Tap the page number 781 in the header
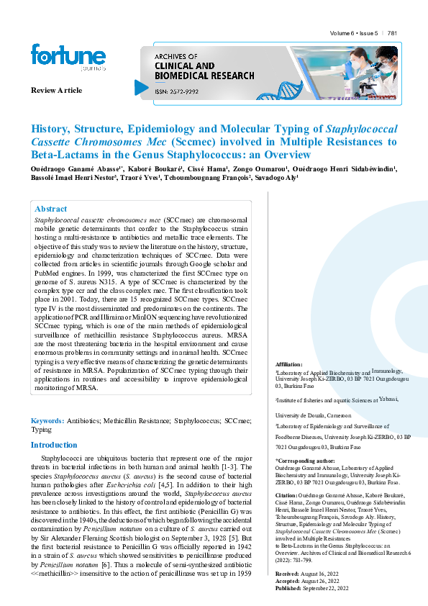[x=393, y=33]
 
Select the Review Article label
[x=56, y=91]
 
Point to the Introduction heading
[x=53, y=445]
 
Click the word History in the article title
[x=49, y=130]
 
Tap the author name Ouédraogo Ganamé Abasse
[x=71, y=168]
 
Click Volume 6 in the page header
[x=343, y=33]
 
